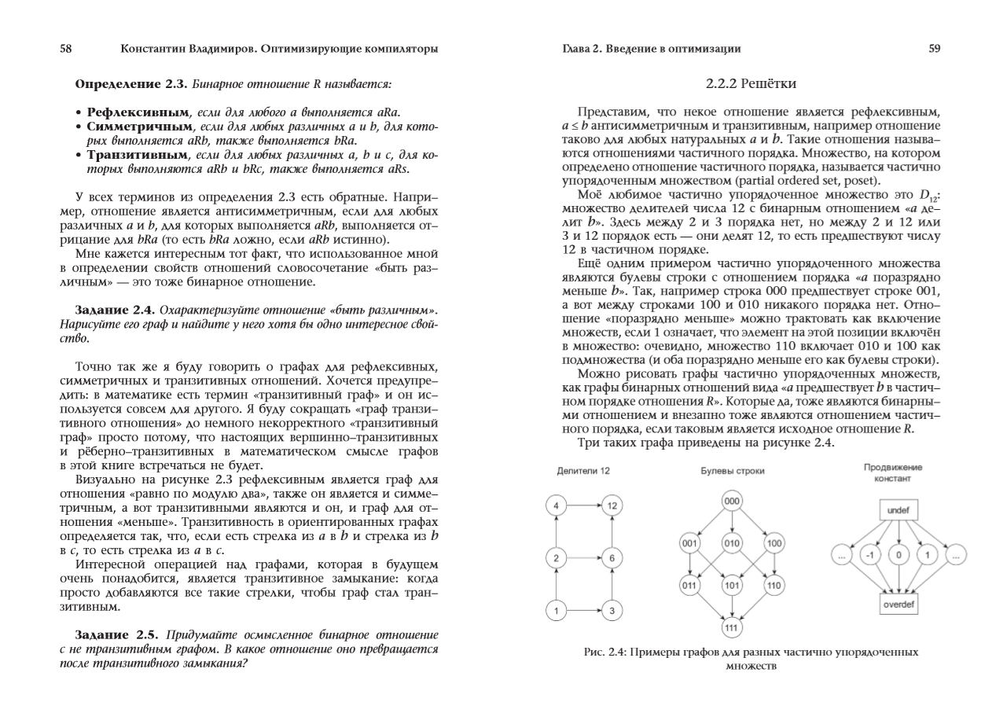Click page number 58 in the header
(x=67, y=49)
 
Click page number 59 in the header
(x=934, y=49)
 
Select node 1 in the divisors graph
(x=557, y=609)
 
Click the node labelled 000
(x=732, y=501)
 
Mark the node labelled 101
(x=732, y=586)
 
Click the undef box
(x=897, y=510)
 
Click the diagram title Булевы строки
(x=732, y=471)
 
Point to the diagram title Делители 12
(x=583, y=470)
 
